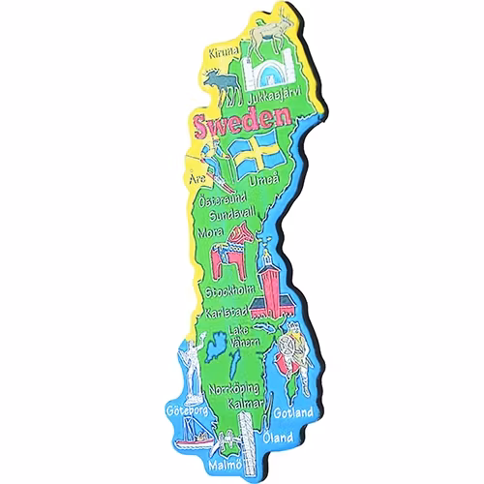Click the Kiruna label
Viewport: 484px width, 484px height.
point(223,53)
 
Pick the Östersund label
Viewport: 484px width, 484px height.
point(222,201)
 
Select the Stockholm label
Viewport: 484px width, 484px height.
point(229,289)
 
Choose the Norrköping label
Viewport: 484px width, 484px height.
point(233,388)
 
